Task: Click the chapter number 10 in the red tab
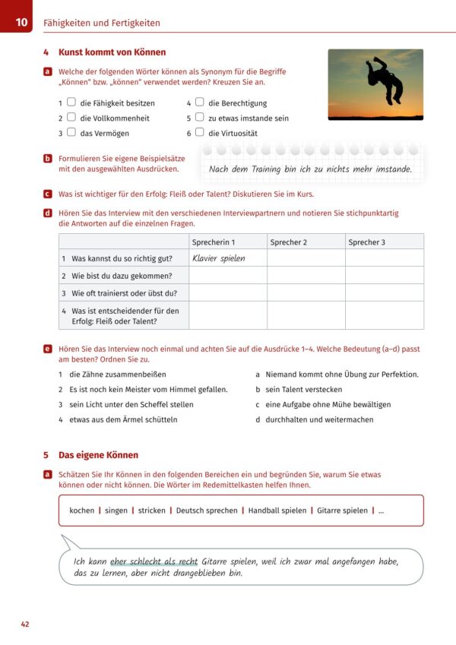click(21, 23)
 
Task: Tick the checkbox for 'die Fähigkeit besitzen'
click(71, 102)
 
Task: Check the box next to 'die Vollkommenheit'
click(71, 117)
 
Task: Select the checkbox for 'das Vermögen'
click(71, 131)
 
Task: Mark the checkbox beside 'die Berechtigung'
click(199, 102)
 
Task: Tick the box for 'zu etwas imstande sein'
click(199, 117)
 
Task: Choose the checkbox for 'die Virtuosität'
click(199, 131)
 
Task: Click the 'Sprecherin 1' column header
click(214, 242)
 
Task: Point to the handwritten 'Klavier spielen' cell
click(219, 258)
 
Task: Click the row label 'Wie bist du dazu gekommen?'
click(122, 276)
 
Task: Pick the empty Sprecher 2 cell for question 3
click(306, 292)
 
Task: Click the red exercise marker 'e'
click(47, 348)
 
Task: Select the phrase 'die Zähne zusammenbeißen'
click(117, 375)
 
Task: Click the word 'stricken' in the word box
click(152, 511)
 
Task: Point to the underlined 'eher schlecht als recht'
click(154, 561)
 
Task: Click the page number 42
click(25, 624)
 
